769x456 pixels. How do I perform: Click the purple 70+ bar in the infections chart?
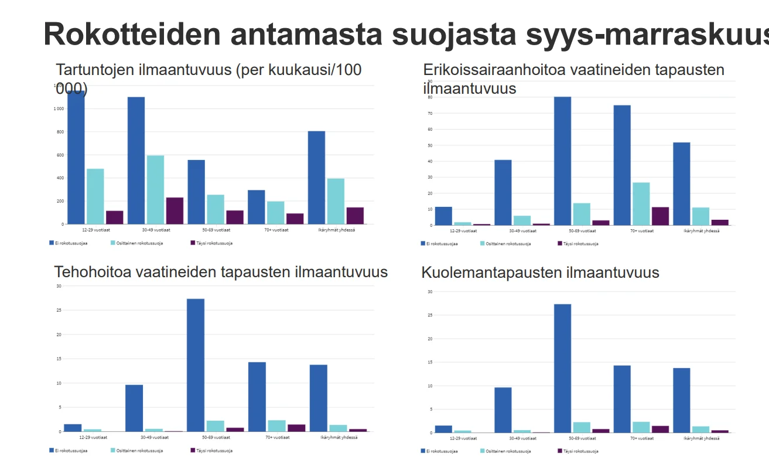295,219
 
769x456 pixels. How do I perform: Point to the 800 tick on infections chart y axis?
59,132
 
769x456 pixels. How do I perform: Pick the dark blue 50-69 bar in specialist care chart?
562,161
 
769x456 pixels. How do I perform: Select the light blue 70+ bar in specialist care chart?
641,203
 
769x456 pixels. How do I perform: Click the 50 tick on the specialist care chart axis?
429,145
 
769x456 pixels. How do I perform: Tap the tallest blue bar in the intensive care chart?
196,365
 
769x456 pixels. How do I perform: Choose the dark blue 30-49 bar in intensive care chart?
134,408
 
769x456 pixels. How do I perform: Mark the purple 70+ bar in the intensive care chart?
296,428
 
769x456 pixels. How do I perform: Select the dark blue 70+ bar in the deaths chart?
622,399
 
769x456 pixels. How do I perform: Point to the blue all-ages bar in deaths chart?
681,400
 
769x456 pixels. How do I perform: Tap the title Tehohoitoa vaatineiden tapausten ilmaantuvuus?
221,272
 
